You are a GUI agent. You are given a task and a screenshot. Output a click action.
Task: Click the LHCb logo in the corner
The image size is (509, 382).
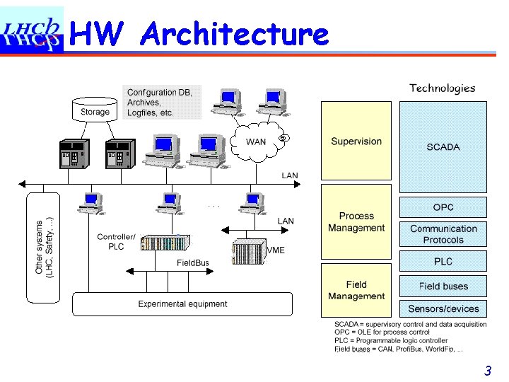(31, 31)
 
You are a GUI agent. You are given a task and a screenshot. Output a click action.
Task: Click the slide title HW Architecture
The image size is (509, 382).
(200, 33)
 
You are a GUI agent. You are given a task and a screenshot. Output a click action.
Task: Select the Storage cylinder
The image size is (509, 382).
(95, 110)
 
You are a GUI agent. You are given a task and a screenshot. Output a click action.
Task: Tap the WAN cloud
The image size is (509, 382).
(255, 142)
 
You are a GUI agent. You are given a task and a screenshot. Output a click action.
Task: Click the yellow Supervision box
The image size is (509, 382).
(356, 141)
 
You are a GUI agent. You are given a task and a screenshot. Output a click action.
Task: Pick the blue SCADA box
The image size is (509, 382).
(443, 147)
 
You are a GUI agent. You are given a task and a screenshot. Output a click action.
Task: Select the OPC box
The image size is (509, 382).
(443, 207)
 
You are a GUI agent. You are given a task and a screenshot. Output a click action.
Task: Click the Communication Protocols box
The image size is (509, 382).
(443, 234)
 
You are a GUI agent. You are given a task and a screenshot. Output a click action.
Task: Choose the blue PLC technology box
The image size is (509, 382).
(443, 262)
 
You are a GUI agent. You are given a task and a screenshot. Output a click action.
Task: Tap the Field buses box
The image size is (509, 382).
(443, 286)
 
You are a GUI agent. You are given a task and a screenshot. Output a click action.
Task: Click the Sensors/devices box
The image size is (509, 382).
(443, 308)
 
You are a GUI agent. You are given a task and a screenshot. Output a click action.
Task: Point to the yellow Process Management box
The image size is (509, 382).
(356, 222)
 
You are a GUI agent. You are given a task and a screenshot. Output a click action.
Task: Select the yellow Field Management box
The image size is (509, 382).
(356, 291)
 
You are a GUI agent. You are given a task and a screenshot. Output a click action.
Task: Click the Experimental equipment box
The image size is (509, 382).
(182, 304)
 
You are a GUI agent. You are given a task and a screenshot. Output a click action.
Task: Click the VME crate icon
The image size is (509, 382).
(248, 250)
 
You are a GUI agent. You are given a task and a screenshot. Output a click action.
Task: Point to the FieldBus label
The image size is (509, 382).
(192, 263)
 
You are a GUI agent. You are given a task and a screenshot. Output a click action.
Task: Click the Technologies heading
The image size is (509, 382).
(442, 88)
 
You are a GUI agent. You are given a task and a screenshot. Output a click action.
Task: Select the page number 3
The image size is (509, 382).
(487, 371)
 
